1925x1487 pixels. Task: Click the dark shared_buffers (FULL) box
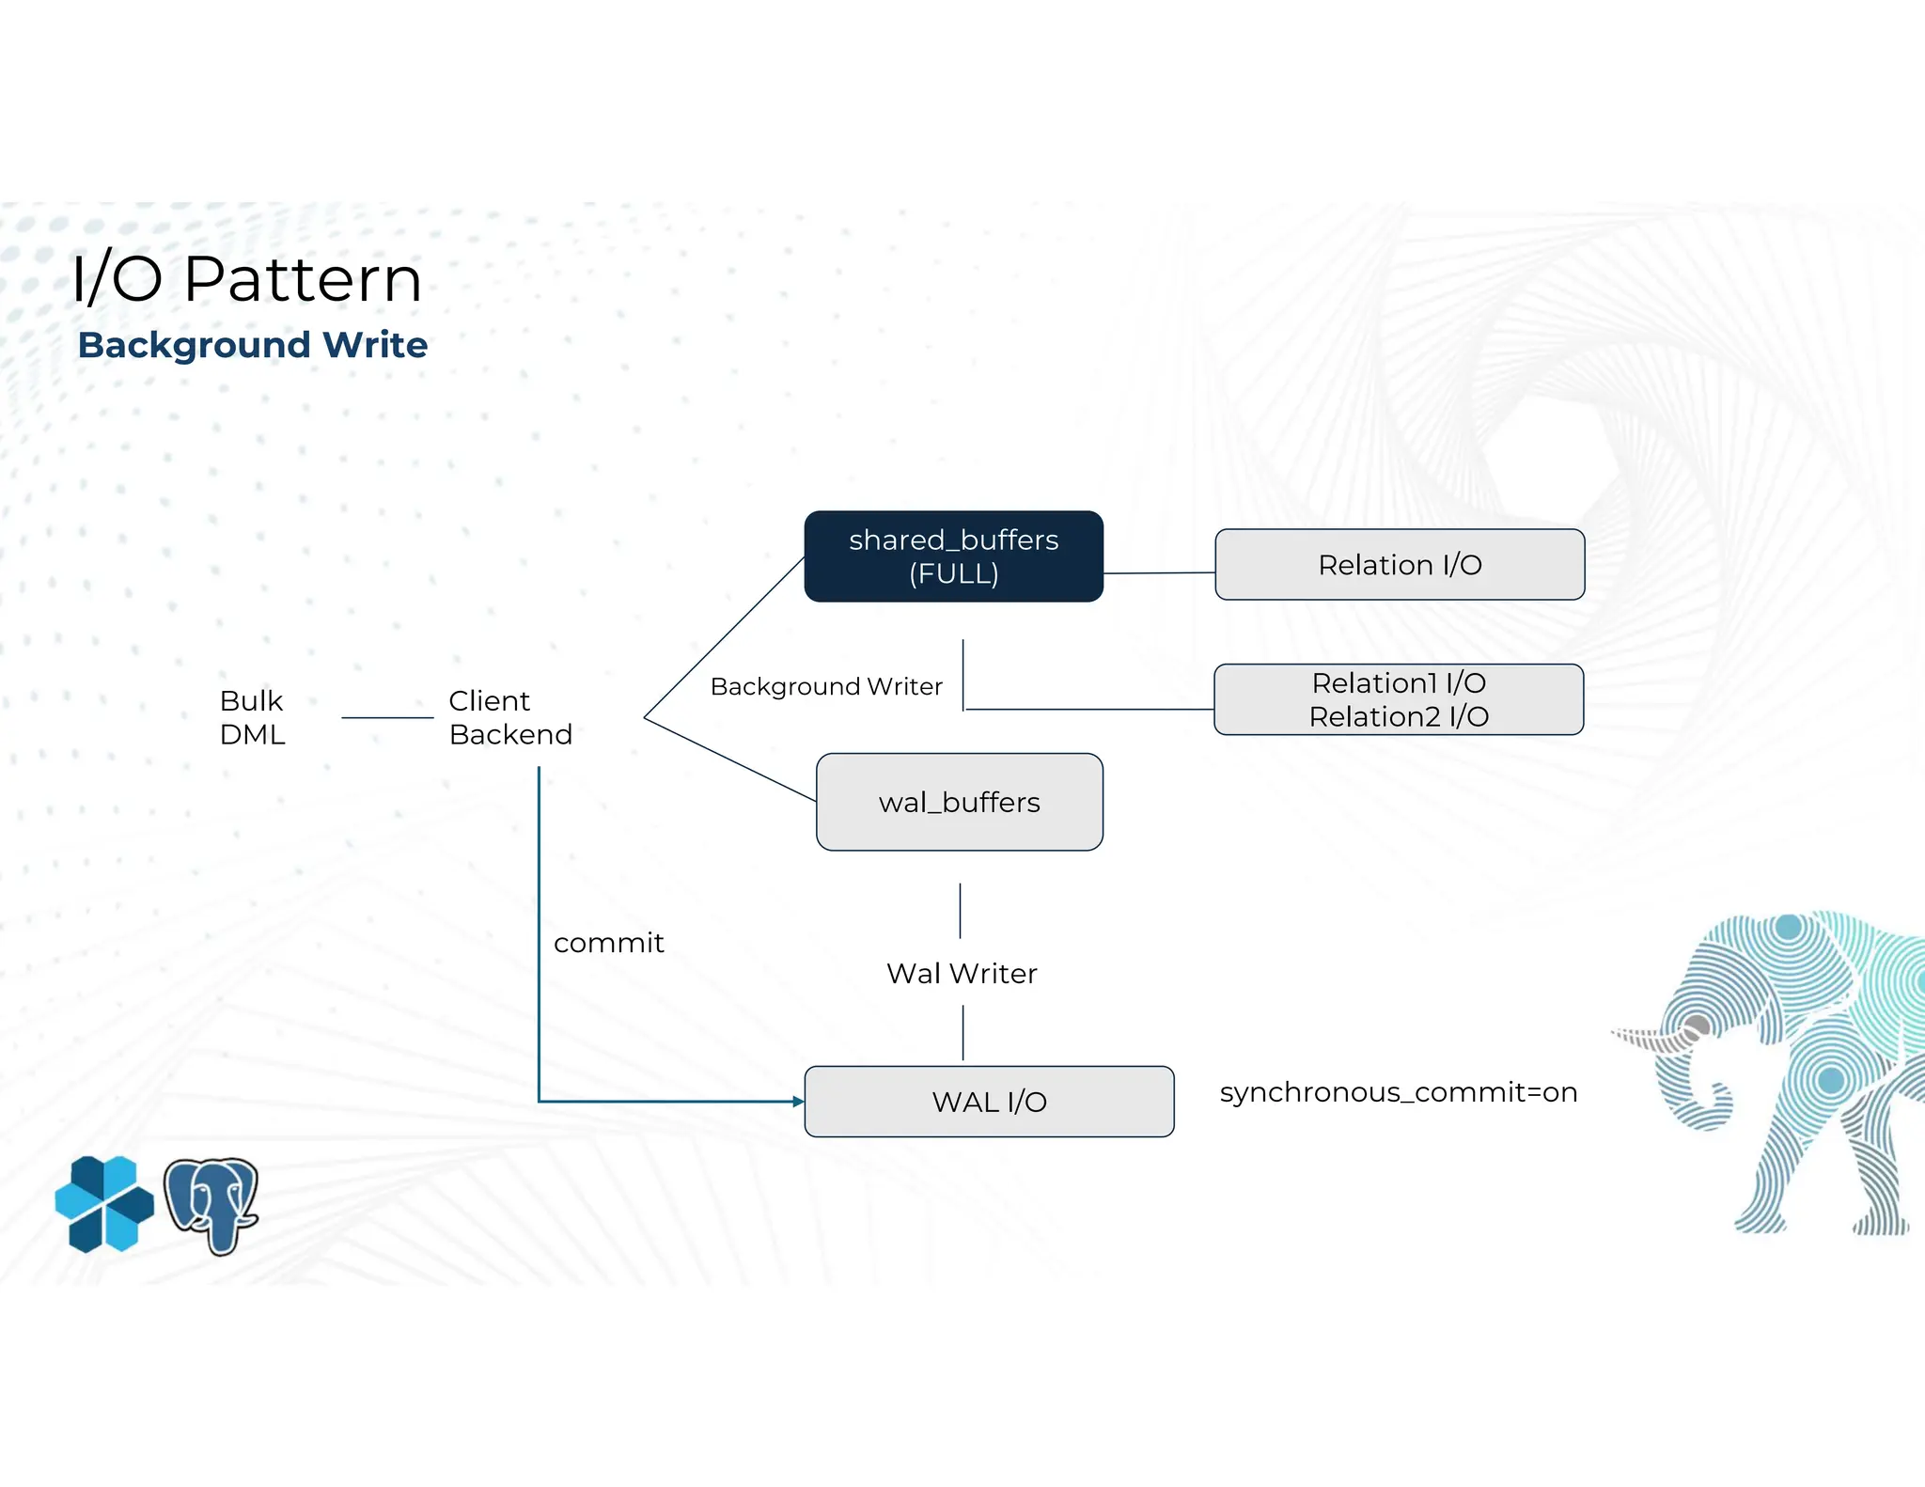(x=953, y=556)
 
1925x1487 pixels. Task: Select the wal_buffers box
(x=959, y=802)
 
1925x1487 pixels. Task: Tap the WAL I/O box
(x=989, y=1102)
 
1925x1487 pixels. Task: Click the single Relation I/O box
(x=1399, y=565)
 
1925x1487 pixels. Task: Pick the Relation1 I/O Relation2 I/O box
(x=1399, y=699)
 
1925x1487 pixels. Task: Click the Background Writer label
(x=825, y=687)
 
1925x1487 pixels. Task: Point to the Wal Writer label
(x=962, y=974)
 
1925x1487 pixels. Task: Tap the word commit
(x=608, y=943)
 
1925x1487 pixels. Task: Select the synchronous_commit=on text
(x=1398, y=1092)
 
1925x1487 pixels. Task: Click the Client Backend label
(x=509, y=717)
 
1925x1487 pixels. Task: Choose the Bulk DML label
(x=252, y=717)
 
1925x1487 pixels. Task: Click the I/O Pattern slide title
(x=246, y=279)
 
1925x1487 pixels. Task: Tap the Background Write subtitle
(x=252, y=345)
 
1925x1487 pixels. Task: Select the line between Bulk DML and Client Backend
(x=387, y=718)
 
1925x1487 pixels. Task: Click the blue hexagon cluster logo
(x=103, y=1204)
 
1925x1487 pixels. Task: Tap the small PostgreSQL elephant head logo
(x=211, y=1205)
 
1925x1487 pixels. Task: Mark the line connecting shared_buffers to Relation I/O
(x=1158, y=572)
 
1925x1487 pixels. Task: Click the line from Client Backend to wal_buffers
(x=728, y=759)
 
